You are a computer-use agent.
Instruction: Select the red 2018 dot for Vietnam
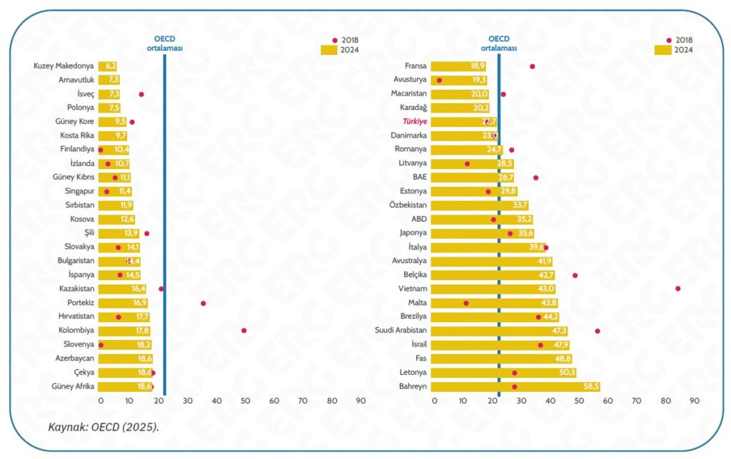click(x=677, y=289)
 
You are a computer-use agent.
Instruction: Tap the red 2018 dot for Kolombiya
click(x=244, y=331)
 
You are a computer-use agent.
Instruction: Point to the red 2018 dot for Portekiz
click(x=203, y=303)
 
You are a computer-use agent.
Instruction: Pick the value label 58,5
click(x=590, y=386)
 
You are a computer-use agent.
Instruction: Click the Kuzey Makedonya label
click(x=64, y=66)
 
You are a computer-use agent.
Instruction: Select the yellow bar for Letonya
click(x=504, y=373)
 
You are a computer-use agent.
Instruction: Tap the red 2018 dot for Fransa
click(x=532, y=66)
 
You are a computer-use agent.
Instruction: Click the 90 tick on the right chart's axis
click(x=694, y=401)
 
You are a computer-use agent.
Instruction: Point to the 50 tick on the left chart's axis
click(x=246, y=401)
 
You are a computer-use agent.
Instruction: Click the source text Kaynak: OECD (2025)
click(x=103, y=427)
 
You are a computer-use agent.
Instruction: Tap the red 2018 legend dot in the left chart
click(x=335, y=41)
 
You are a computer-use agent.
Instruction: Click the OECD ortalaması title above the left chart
click(x=164, y=44)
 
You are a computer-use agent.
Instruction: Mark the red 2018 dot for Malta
click(x=466, y=303)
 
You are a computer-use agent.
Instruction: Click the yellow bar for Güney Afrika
click(x=125, y=386)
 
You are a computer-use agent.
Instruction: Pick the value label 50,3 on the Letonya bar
click(x=566, y=373)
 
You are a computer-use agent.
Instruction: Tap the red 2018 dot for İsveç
click(x=141, y=94)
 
